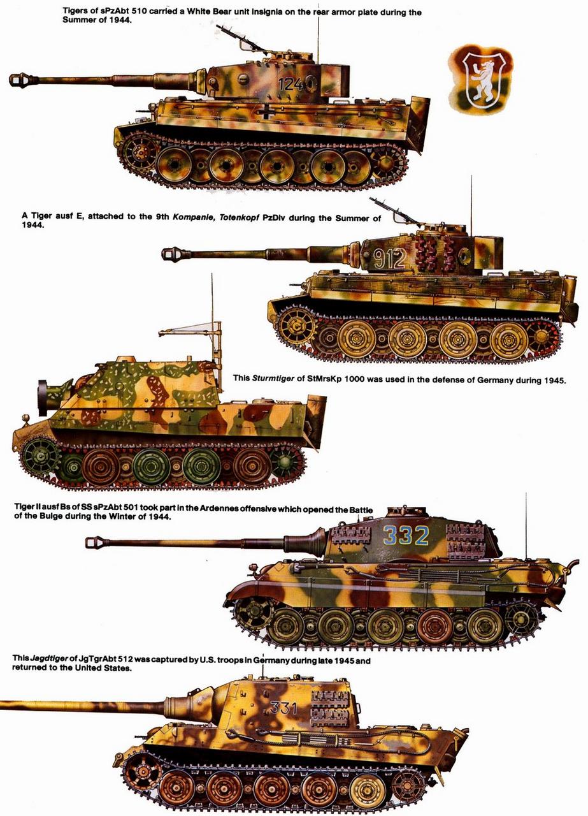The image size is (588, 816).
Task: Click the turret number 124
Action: (x=290, y=85)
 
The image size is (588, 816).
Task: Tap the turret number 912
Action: (x=389, y=258)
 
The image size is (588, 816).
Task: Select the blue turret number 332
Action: (x=406, y=536)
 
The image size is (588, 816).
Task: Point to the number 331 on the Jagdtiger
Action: (x=284, y=708)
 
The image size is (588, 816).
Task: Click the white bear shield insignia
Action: (x=480, y=80)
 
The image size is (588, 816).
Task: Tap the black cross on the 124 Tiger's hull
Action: (x=268, y=112)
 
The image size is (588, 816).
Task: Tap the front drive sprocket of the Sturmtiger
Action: (x=41, y=457)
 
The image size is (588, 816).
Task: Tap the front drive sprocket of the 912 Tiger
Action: (x=296, y=330)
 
